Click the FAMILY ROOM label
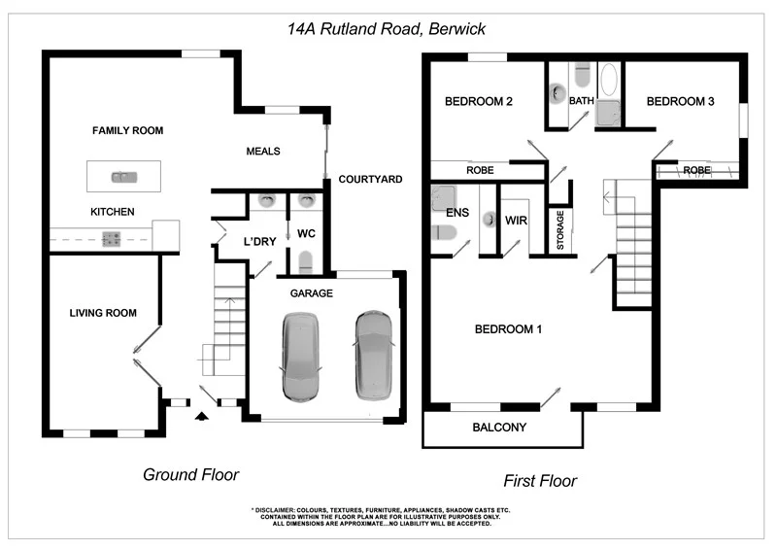(127, 130)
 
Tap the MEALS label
(263, 152)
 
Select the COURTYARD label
(370, 180)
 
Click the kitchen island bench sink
(123, 177)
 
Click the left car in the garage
(300, 357)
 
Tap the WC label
(305, 233)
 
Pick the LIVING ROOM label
(102, 313)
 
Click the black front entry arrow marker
(202, 417)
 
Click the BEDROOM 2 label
(479, 101)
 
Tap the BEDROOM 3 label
(681, 101)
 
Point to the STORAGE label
(559, 232)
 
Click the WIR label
(516, 221)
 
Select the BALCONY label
(499, 428)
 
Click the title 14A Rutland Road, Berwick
(387, 29)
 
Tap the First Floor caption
(540, 480)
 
